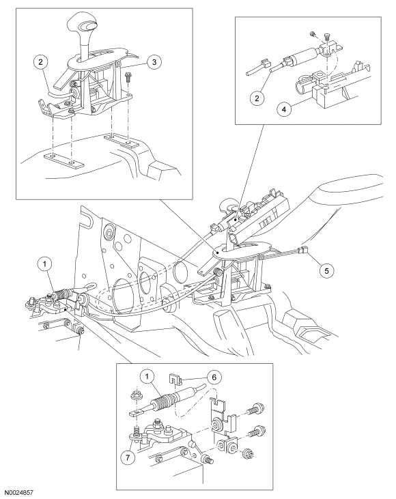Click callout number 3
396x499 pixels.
click(154, 61)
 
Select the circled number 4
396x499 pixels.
click(284, 109)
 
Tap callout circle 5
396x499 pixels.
click(327, 270)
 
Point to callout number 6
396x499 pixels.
click(214, 377)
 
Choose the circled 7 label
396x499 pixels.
click(128, 457)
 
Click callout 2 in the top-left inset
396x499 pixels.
click(40, 61)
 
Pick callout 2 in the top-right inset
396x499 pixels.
click(257, 98)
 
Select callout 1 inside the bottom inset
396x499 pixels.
click(147, 377)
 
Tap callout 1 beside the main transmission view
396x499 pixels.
click(45, 263)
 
